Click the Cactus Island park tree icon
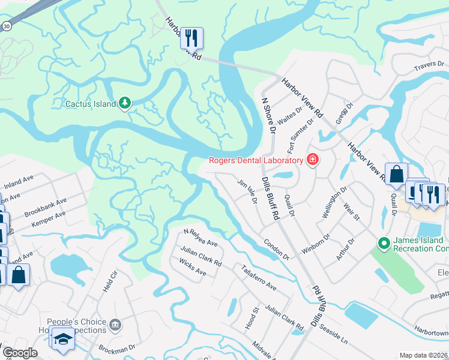(x=125, y=104)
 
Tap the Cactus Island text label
(x=90, y=104)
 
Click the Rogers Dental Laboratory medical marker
(x=312, y=160)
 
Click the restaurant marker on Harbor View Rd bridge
(x=191, y=38)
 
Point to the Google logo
(x=20, y=353)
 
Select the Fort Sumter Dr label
(x=301, y=136)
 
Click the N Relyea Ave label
(x=200, y=238)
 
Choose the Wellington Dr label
(x=334, y=203)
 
